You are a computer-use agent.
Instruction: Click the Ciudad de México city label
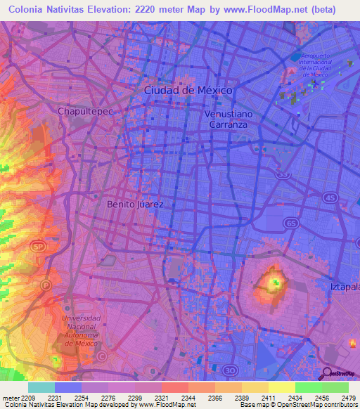tap(188, 91)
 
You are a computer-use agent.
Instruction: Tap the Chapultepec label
tap(85, 111)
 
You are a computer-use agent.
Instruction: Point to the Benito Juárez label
tap(135, 204)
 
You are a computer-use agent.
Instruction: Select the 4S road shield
tap(330, 197)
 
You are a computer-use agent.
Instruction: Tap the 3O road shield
tap(231, 370)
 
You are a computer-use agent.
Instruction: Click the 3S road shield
tap(283, 174)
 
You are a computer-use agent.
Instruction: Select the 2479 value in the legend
tap(348, 397)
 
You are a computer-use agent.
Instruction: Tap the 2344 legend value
tap(189, 397)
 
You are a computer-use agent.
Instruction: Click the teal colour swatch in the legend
tap(41, 387)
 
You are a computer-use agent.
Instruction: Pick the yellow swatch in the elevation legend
tap(281, 387)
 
